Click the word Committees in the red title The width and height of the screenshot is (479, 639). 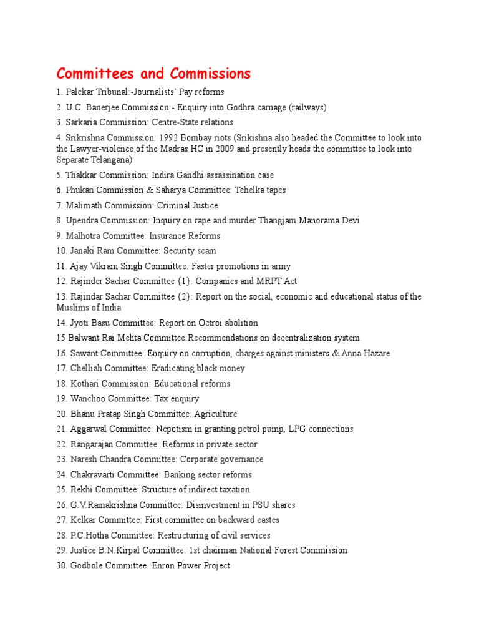tap(93, 74)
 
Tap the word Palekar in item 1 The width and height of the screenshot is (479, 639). tap(80, 92)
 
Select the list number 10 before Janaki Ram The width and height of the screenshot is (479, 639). tap(61, 251)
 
